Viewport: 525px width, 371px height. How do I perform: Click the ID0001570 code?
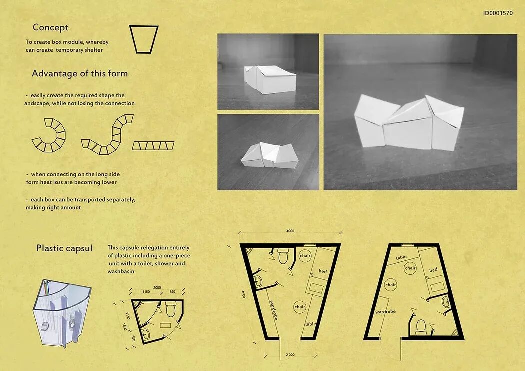pyautogui.click(x=498, y=13)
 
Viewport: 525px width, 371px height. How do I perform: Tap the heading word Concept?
pyautogui.click(x=50, y=28)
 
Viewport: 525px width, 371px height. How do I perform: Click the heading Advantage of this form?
pyautogui.click(x=80, y=73)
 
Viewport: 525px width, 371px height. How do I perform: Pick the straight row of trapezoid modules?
pyautogui.click(x=153, y=146)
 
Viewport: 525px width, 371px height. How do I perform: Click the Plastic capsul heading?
pyautogui.click(x=64, y=248)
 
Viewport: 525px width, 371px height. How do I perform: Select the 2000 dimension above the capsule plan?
pyautogui.click(x=157, y=287)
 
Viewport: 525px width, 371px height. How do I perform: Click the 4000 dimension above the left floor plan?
pyautogui.click(x=290, y=231)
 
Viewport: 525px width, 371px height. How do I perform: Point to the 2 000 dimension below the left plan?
pyautogui.click(x=290, y=355)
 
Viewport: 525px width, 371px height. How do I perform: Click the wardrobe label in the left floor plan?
pyautogui.click(x=274, y=310)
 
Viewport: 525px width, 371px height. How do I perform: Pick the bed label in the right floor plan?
pyautogui.click(x=433, y=270)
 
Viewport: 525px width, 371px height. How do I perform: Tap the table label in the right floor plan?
pyautogui.click(x=401, y=258)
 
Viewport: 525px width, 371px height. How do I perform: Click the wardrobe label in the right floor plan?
pyautogui.click(x=385, y=311)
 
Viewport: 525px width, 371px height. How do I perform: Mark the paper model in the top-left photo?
pyautogui.click(x=270, y=79)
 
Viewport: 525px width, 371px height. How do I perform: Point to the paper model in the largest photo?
pyautogui.click(x=409, y=122)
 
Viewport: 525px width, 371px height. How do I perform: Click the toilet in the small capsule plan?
pyautogui.click(x=171, y=309)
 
